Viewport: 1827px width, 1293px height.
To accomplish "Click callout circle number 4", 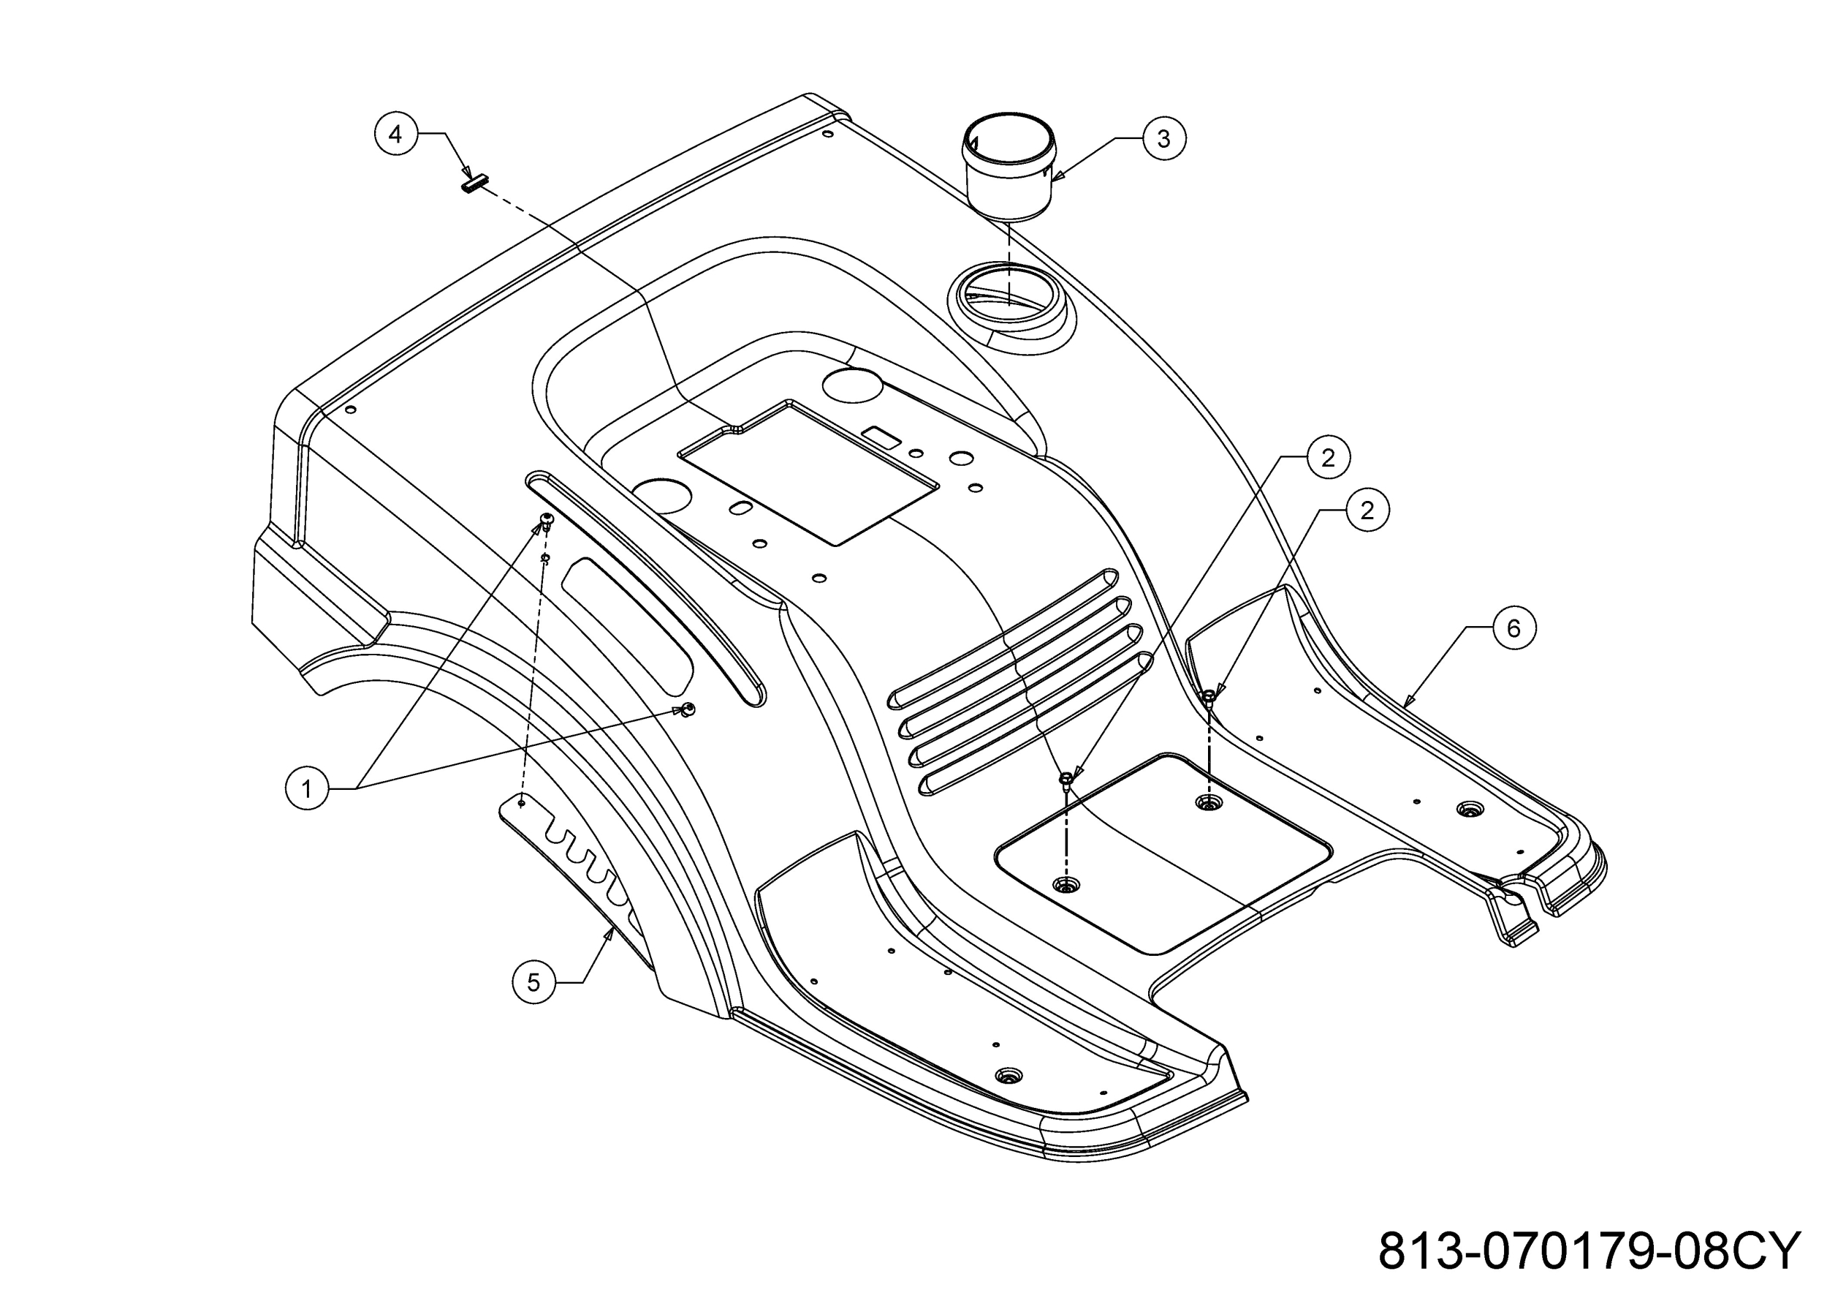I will (x=396, y=135).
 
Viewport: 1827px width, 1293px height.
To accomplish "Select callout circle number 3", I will (x=1163, y=138).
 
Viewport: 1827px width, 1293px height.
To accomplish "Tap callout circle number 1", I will (x=306, y=788).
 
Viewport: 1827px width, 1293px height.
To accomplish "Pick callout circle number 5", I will (x=533, y=982).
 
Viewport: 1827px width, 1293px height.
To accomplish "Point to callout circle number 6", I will (x=1513, y=628).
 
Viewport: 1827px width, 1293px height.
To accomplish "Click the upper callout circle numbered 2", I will (x=1327, y=457).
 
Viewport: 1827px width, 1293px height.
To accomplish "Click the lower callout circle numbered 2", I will (x=1367, y=510).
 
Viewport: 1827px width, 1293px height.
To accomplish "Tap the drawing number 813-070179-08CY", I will (x=1588, y=1251).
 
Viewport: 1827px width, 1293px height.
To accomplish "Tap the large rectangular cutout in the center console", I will (x=808, y=473).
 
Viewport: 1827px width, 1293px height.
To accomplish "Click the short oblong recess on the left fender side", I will (x=626, y=625).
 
